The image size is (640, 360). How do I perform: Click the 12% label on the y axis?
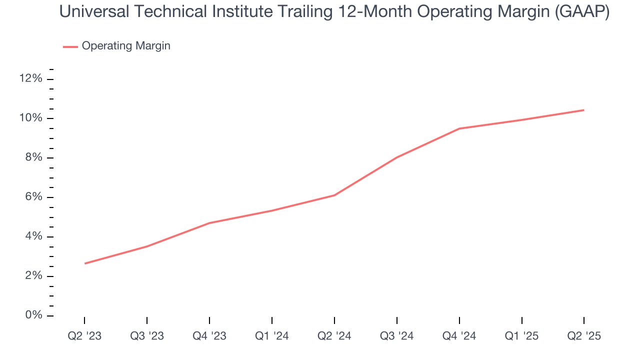pyautogui.click(x=30, y=79)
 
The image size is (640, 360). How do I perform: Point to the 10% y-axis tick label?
pyautogui.click(x=30, y=118)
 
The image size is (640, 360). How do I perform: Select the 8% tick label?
pyautogui.click(x=33, y=158)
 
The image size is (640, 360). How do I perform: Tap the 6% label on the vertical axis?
pyautogui.click(x=33, y=197)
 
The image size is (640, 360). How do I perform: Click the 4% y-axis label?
pyautogui.click(x=33, y=236)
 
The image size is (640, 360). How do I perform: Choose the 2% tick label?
pyautogui.click(x=33, y=276)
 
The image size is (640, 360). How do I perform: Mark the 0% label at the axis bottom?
pyautogui.click(x=33, y=315)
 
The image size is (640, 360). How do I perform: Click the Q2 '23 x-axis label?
pyautogui.click(x=84, y=336)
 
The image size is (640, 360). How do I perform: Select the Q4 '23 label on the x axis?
pyautogui.click(x=209, y=336)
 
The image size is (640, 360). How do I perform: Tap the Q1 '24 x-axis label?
pyautogui.click(x=271, y=336)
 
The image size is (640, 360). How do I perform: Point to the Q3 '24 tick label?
pyautogui.click(x=396, y=336)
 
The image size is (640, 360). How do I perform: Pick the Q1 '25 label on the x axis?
pyautogui.click(x=521, y=336)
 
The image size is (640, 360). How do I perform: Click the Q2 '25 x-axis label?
pyautogui.click(x=584, y=336)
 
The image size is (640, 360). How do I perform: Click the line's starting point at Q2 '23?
pyautogui.click(x=85, y=263)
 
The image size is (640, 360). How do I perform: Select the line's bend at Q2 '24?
pyautogui.click(x=334, y=195)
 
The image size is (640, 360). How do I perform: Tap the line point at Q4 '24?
pyautogui.click(x=459, y=128)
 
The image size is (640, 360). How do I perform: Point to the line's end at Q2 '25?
pyautogui.click(x=583, y=110)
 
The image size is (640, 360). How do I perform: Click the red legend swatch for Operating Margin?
pyautogui.click(x=70, y=46)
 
